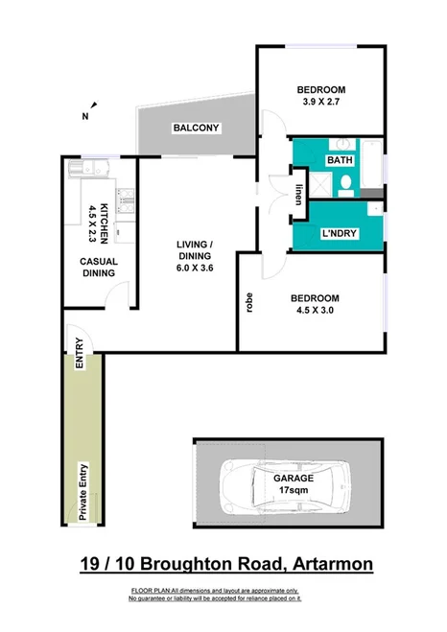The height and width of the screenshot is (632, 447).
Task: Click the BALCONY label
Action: pyautogui.click(x=197, y=128)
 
